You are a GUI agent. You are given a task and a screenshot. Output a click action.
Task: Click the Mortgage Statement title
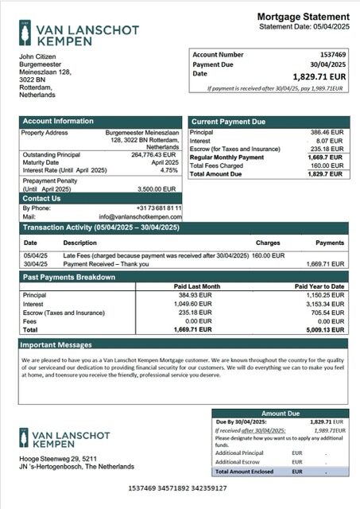pyautogui.click(x=303, y=17)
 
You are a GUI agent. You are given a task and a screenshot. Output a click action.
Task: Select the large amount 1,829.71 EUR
pyautogui.click(x=319, y=76)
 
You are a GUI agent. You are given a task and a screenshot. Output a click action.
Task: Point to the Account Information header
pyautogui.click(x=58, y=121)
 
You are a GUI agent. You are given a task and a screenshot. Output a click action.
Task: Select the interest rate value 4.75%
pyautogui.click(x=168, y=170)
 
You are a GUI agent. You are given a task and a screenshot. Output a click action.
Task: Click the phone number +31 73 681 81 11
pyautogui.click(x=153, y=208)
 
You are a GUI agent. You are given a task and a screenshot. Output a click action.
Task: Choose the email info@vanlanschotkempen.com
pyautogui.click(x=140, y=216)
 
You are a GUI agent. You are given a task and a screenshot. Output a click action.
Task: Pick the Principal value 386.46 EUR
pyautogui.click(x=326, y=132)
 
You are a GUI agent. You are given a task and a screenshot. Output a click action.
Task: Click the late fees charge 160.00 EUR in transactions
pyautogui.click(x=268, y=255)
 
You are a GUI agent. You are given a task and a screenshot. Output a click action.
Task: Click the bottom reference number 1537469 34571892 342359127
pyautogui.click(x=180, y=488)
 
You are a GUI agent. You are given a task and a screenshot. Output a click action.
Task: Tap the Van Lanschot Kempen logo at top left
pyautogui.click(x=76, y=34)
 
